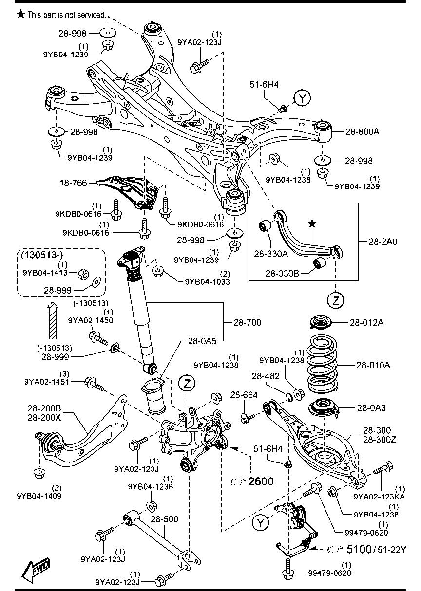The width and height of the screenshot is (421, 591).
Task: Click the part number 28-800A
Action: point(363,131)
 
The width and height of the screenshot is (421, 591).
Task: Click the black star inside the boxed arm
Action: point(312,223)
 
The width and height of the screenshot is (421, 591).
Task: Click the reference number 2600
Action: point(261,481)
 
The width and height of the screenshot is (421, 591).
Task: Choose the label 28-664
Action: point(244,395)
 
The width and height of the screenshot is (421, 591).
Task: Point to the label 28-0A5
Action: point(200,342)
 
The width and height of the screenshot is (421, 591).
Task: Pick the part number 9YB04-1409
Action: point(39,496)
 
